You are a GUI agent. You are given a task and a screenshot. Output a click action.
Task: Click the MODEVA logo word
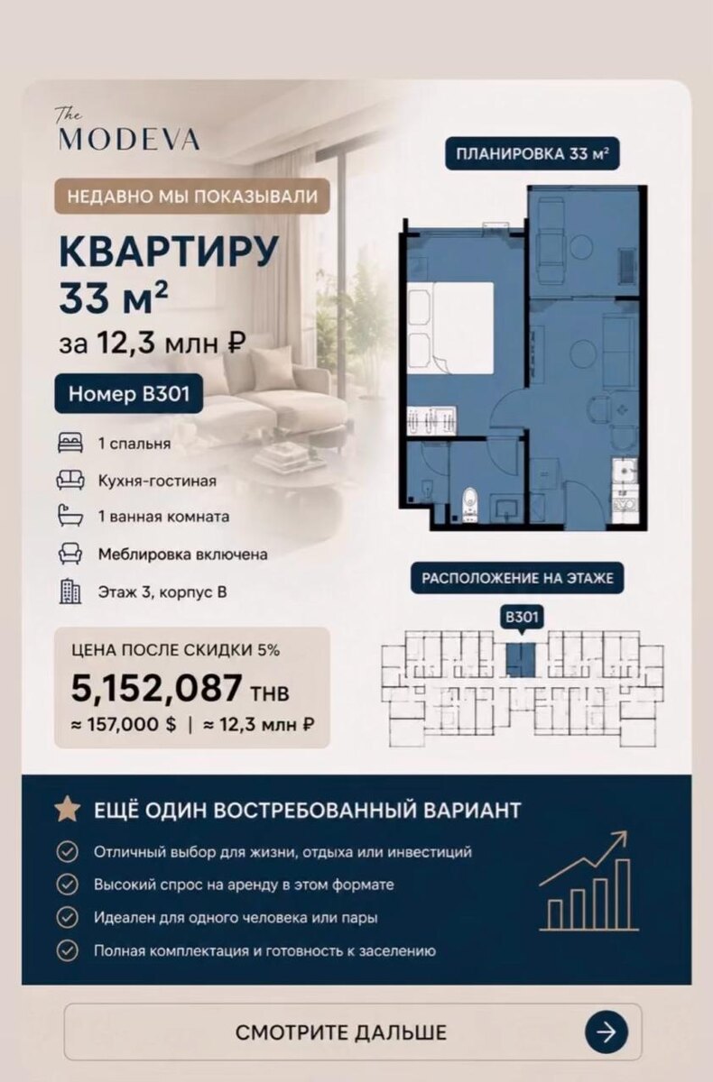click(x=128, y=139)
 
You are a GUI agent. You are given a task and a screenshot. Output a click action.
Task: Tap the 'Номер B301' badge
click(x=128, y=394)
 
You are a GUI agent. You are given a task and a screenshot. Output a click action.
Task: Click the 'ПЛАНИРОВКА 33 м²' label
click(x=532, y=154)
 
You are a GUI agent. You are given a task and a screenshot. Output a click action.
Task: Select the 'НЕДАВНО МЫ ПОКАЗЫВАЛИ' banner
click(x=192, y=197)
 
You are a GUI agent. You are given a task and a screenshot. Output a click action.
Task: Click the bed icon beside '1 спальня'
click(x=70, y=443)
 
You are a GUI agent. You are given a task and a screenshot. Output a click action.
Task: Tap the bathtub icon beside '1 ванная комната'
click(x=70, y=516)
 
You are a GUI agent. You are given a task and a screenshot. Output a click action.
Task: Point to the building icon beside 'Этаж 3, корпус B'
click(x=70, y=591)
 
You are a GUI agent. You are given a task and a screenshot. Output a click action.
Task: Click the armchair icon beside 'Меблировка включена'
click(x=70, y=554)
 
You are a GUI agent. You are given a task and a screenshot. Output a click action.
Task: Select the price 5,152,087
click(x=157, y=688)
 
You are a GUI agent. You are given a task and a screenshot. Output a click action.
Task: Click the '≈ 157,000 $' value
click(x=124, y=725)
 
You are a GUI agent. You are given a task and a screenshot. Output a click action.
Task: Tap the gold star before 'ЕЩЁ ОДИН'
click(x=68, y=809)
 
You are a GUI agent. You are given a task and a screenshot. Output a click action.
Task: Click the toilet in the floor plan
click(x=469, y=504)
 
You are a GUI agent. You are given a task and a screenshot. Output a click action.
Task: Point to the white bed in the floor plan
click(x=450, y=327)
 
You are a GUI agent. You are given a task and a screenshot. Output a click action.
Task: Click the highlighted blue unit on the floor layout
click(x=521, y=660)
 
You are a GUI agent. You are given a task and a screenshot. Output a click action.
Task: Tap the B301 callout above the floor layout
click(x=522, y=618)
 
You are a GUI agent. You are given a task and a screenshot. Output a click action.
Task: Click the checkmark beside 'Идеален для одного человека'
click(x=67, y=917)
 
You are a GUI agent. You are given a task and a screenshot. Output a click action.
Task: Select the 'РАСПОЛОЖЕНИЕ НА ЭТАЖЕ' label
click(x=517, y=578)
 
